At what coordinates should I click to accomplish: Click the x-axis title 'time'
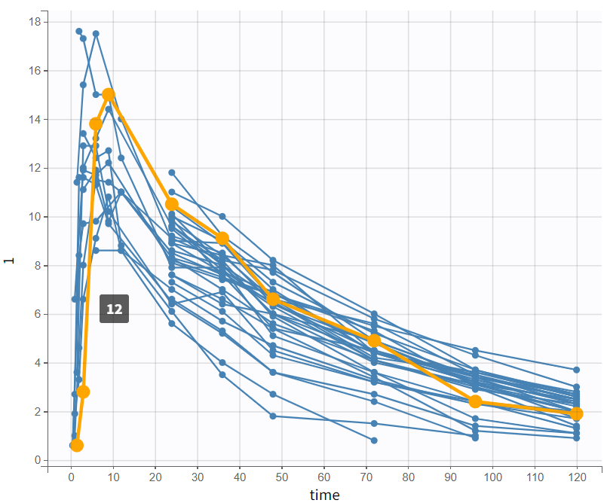(324, 495)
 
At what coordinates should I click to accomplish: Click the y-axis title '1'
(9, 261)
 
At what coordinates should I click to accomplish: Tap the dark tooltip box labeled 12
(114, 309)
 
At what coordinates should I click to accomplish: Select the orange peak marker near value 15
(109, 95)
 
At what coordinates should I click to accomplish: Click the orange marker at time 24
(172, 204)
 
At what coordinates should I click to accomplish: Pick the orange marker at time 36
(222, 239)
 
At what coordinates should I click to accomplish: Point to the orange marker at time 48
(273, 300)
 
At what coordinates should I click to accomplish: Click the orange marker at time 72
(374, 341)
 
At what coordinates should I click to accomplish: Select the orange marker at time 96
(475, 401)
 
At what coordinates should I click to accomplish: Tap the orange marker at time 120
(576, 413)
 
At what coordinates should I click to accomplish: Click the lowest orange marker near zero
(76, 445)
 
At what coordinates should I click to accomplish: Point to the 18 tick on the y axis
(34, 22)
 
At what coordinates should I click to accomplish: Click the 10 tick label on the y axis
(34, 217)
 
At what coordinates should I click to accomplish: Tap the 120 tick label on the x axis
(576, 478)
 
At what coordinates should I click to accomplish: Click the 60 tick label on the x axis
(323, 478)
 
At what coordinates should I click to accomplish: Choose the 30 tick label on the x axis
(198, 478)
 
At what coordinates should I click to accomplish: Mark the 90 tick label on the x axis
(450, 478)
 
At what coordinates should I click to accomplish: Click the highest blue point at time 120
(576, 370)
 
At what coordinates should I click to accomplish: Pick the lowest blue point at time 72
(374, 440)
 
